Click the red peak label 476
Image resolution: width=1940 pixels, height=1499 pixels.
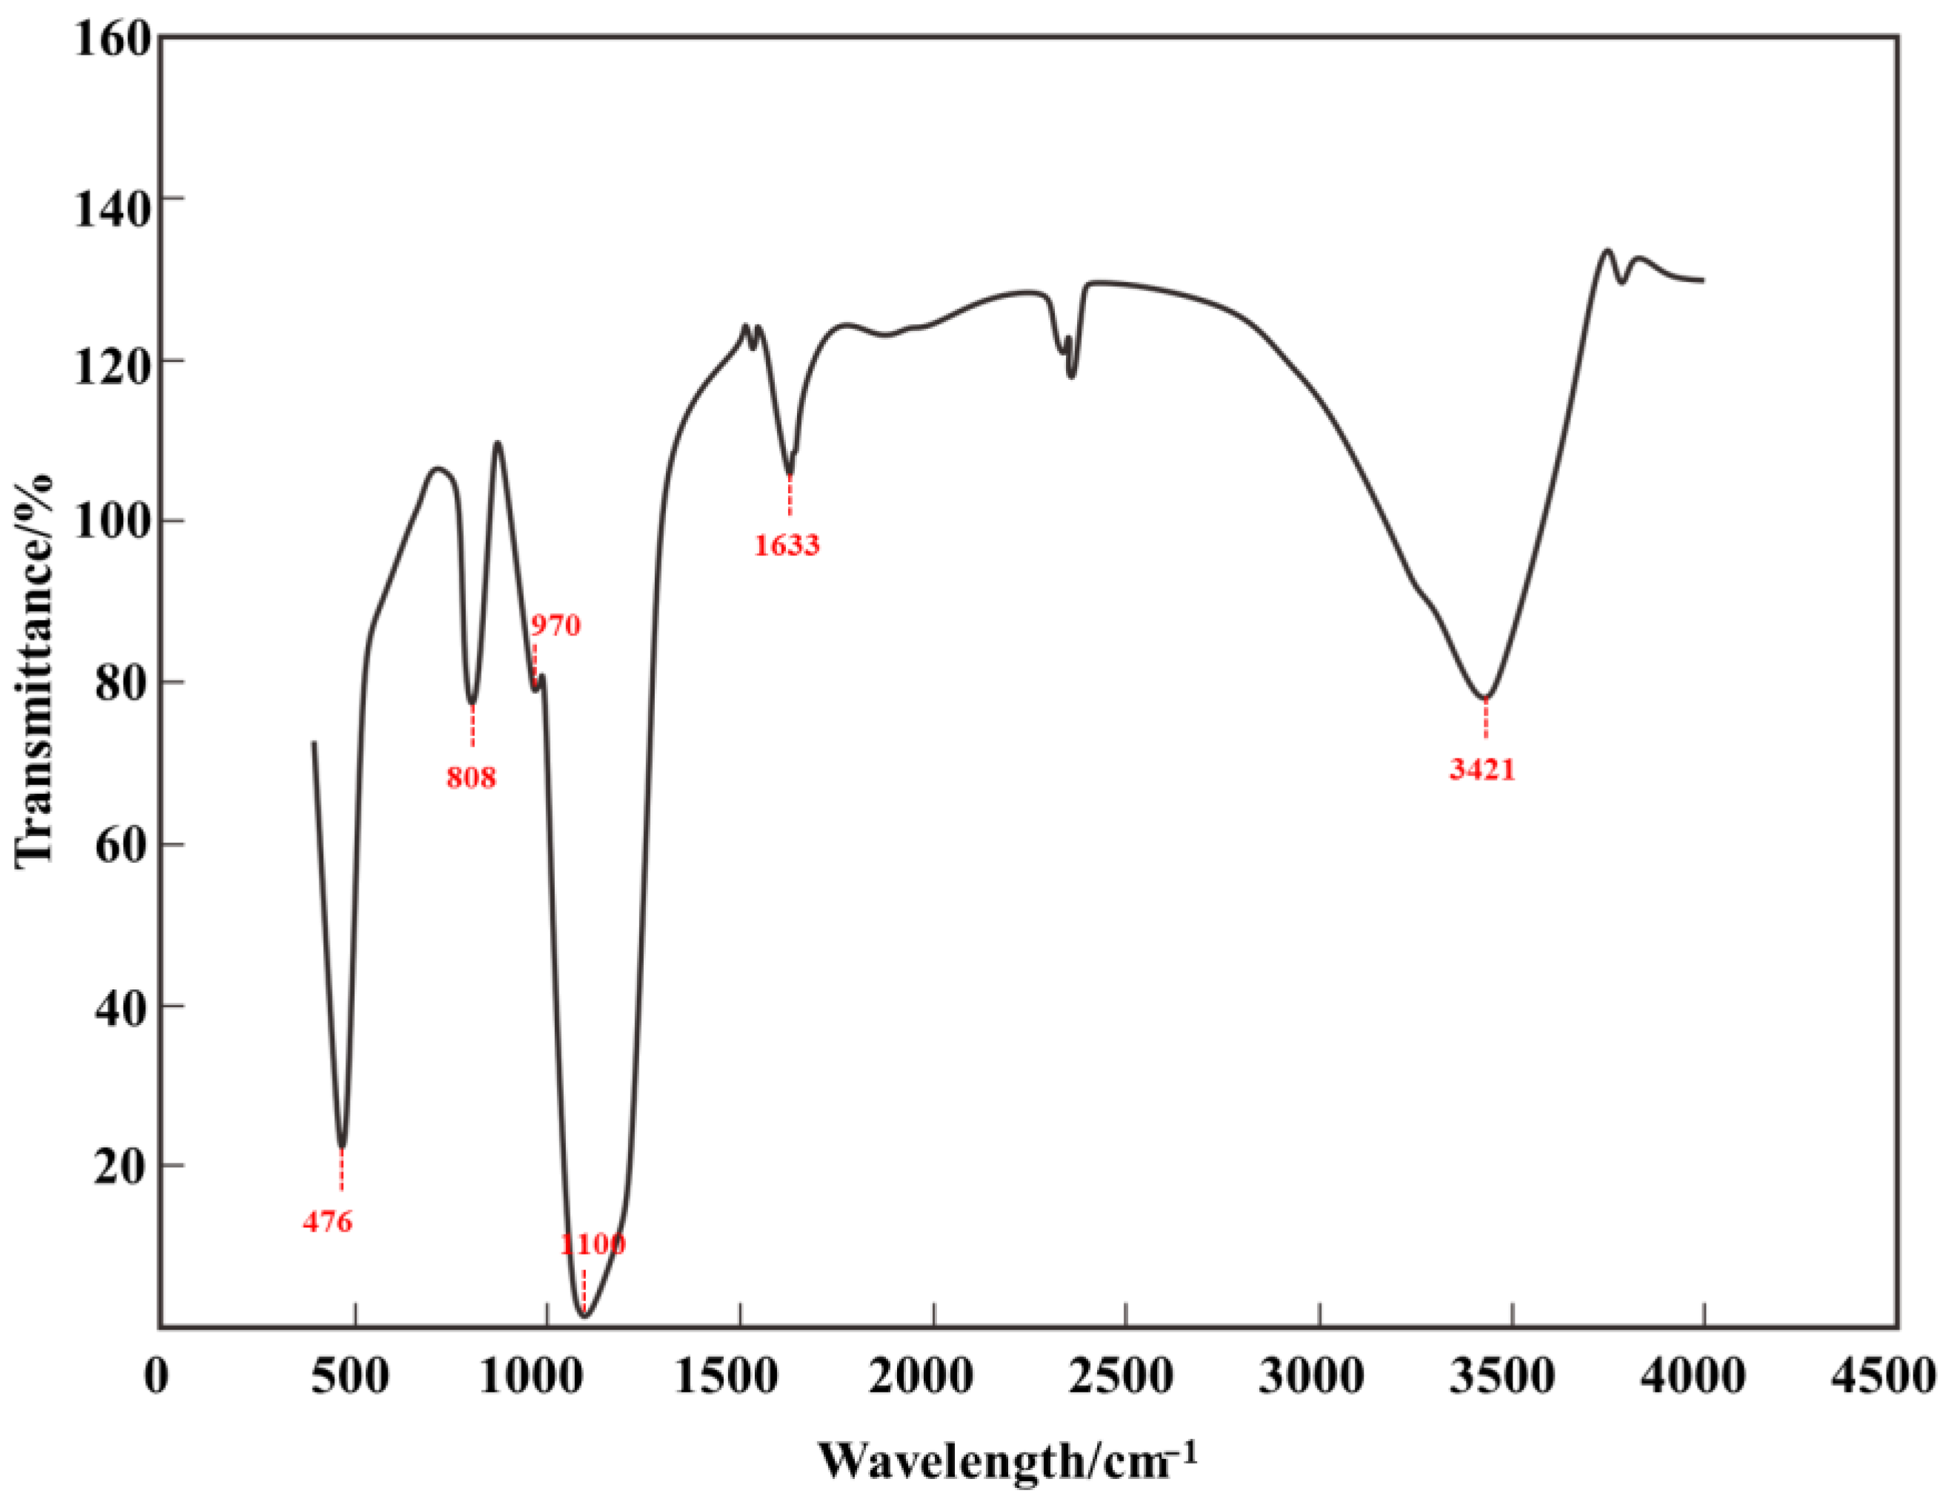coord(327,1222)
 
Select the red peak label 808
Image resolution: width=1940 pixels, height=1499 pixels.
coord(471,778)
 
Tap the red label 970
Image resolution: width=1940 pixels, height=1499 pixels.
coord(555,625)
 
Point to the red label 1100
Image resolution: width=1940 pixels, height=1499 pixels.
coord(592,1244)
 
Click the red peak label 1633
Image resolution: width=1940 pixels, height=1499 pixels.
coord(786,544)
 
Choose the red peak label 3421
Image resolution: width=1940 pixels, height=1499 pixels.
coord(1482,769)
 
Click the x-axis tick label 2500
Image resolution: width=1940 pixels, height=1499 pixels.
coord(1125,1377)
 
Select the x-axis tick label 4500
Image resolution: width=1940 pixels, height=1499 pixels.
coord(1896,1377)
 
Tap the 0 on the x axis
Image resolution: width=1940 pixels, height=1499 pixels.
coord(156,1377)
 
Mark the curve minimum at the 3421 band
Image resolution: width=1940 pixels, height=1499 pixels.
coord(1484,697)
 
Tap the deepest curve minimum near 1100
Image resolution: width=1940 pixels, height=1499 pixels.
coord(584,1315)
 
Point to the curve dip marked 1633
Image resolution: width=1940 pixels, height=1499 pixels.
coord(789,473)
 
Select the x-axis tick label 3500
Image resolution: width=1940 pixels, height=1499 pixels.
coord(1511,1377)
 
